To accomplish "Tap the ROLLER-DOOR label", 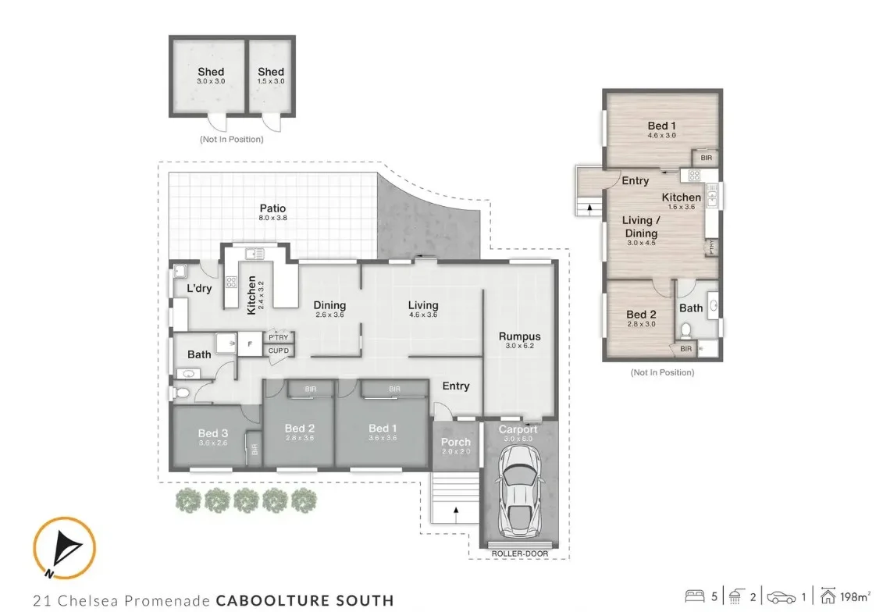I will [x=519, y=553].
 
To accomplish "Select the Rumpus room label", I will [x=519, y=336].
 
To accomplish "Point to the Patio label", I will [x=272, y=208].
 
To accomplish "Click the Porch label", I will [x=456, y=442].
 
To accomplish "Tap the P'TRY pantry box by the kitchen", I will [x=279, y=337].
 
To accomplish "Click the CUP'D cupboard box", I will [x=279, y=350].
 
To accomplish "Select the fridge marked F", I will [x=250, y=343].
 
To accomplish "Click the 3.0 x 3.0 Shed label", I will [x=211, y=73].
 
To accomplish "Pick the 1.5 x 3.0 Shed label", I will [x=271, y=73].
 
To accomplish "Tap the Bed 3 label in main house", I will [x=212, y=433].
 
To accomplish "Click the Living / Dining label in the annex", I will [x=639, y=226].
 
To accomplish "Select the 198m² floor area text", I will [x=856, y=597].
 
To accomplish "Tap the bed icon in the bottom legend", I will [x=694, y=597].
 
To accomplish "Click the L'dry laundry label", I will [x=199, y=289].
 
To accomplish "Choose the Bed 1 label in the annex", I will [x=660, y=126].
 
